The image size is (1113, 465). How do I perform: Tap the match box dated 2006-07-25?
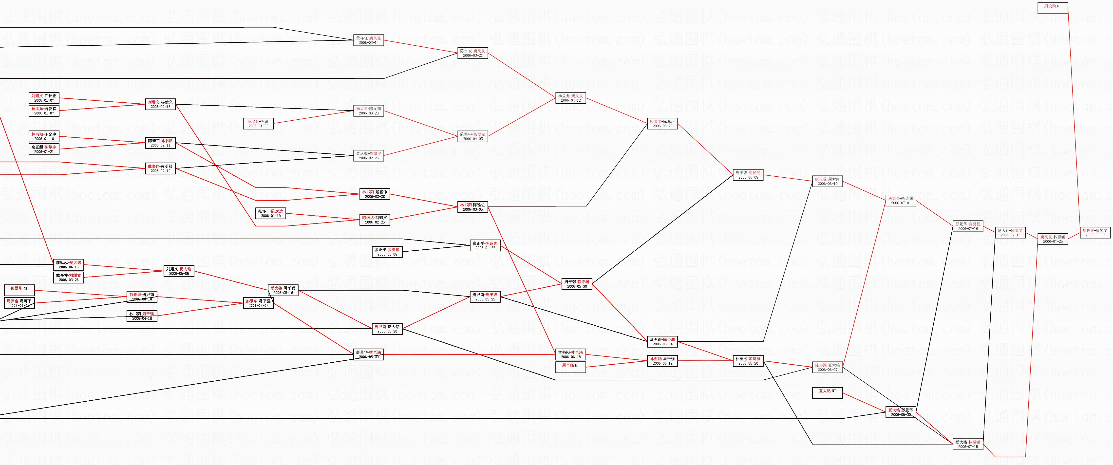click(1053, 239)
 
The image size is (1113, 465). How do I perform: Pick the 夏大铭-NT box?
click(827, 393)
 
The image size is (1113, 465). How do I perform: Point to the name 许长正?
click(51, 95)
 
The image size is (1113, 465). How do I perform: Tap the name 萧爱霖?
click(51, 109)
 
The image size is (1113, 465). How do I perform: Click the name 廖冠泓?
click(61, 262)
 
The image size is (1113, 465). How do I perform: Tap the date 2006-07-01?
click(901, 203)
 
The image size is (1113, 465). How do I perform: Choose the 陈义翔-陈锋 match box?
click(258, 124)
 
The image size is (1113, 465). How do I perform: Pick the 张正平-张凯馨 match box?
click(387, 252)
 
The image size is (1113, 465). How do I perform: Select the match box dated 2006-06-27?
click(827, 367)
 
